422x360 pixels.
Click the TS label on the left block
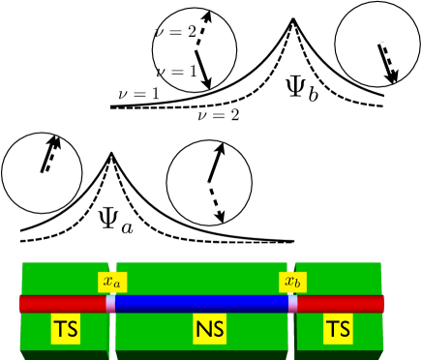(66, 330)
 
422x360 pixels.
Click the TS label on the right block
(338, 330)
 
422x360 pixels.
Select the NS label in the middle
(209, 330)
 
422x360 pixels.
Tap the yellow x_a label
(112, 283)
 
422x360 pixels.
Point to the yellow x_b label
(292, 283)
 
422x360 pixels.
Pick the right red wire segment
(340, 304)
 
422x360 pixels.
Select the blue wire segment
(201, 304)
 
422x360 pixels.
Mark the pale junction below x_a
(110, 304)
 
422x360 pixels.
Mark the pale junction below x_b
(292, 304)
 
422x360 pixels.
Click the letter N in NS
(202, 330)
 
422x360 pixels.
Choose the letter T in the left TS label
(59, 330)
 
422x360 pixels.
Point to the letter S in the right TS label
(345, 330)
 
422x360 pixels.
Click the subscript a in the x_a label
(117, 285)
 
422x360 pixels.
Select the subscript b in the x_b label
(297, 285)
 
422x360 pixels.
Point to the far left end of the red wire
(21, 304)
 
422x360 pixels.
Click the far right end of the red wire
(381, 304)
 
